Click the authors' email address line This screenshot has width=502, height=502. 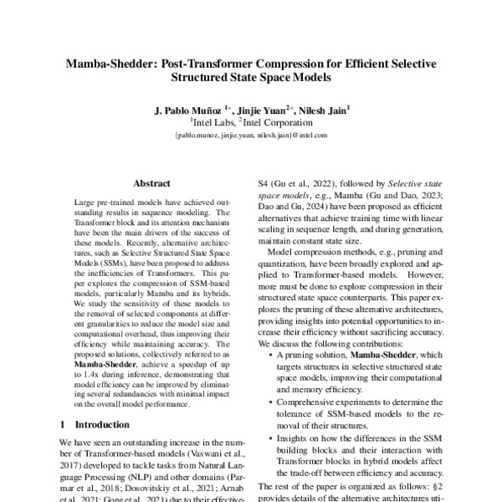(250, 134)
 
